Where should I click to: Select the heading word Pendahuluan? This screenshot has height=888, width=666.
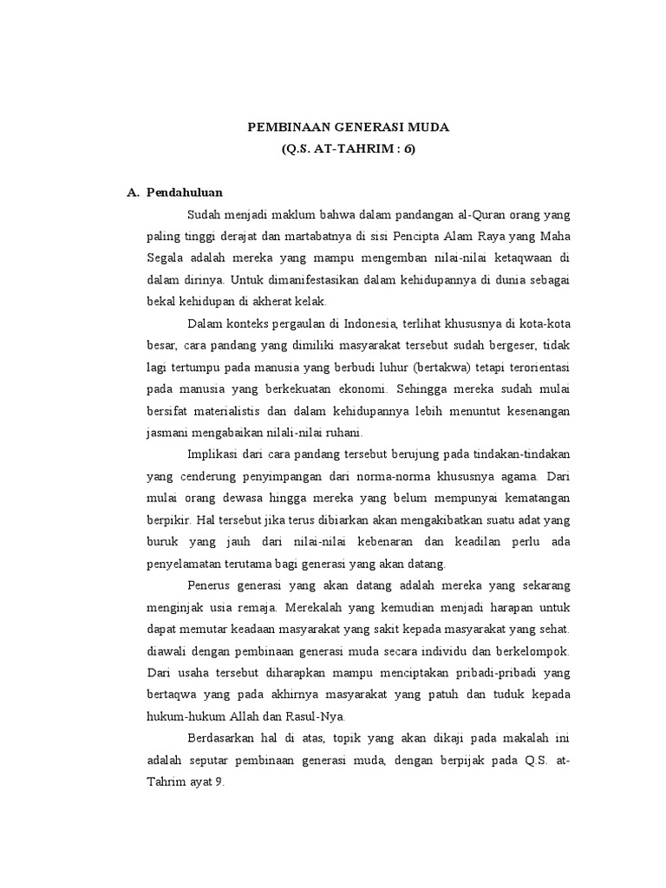[x=185, y=193]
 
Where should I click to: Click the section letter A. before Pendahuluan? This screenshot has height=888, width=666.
[x=134, y=193]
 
